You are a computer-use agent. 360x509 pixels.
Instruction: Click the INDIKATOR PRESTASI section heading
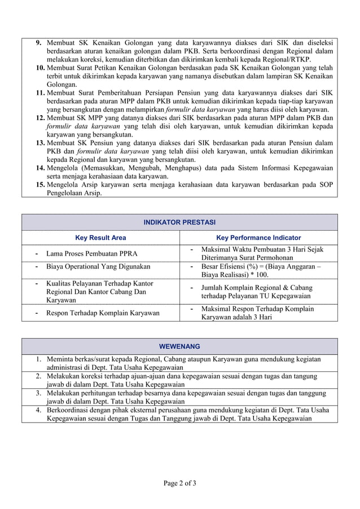coord(179,222)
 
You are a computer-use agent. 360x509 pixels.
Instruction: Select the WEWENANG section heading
coord(179,346)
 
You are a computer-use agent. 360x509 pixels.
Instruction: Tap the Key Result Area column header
coord(100,238)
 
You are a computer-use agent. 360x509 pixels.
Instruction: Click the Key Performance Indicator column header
coord(258,238)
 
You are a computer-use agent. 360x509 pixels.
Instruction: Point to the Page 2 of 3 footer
coord(179,483)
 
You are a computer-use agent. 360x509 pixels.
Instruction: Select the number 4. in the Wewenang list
coord(38,410)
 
